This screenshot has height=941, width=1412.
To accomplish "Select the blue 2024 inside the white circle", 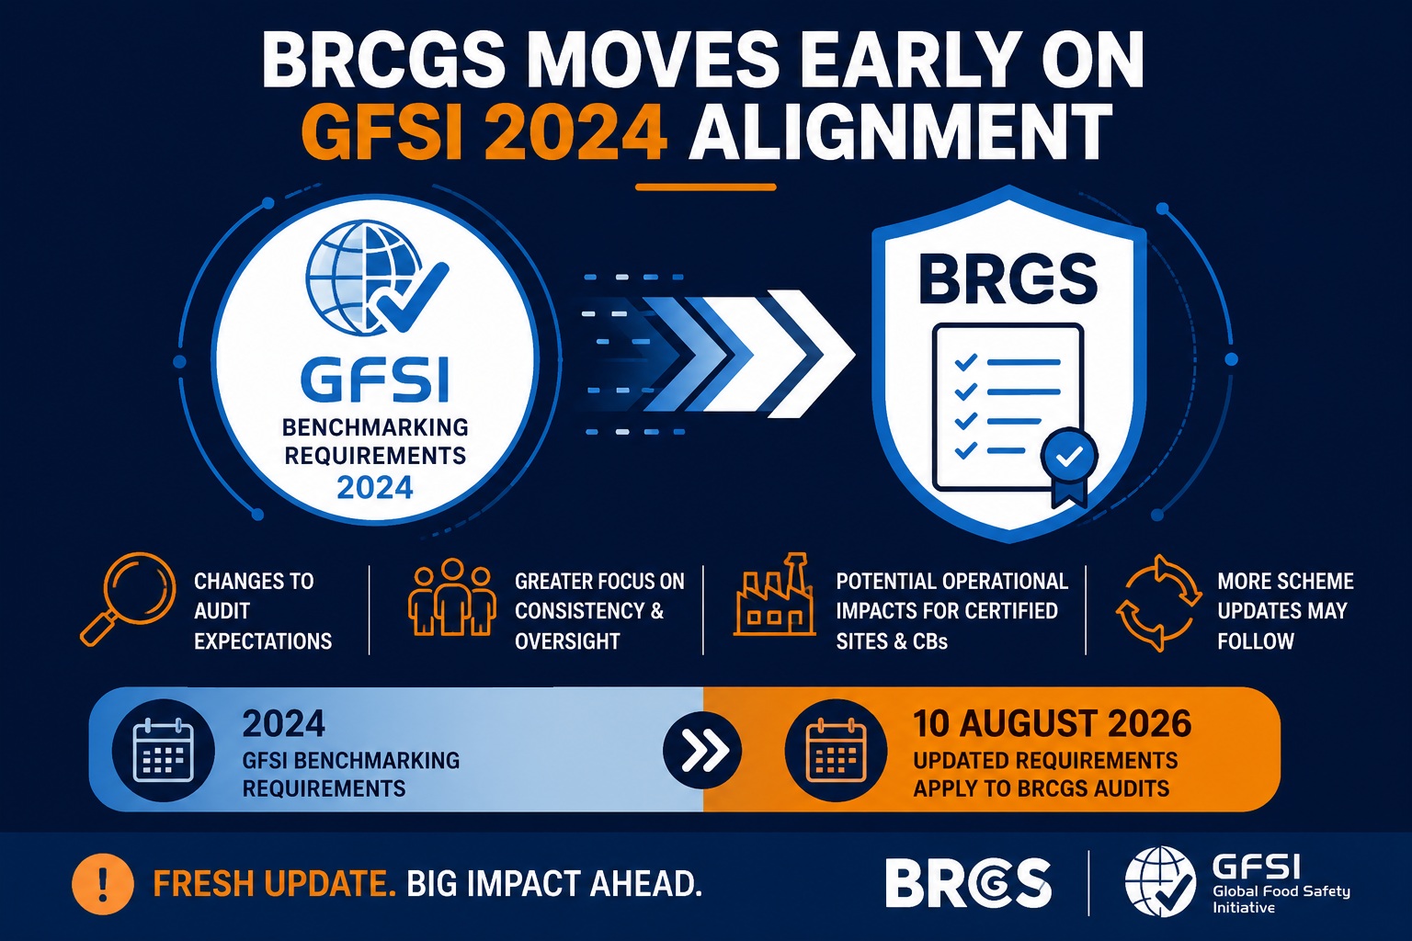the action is pos(375,487).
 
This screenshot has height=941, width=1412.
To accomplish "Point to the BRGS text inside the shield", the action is pos(1008,278).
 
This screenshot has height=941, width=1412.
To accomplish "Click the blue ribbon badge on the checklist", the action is pos(1069,465).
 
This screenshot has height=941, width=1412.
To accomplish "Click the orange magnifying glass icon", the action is pos(128,599).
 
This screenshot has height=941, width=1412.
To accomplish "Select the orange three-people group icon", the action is pos(450,596).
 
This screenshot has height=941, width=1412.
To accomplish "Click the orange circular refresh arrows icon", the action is pos(1158,602).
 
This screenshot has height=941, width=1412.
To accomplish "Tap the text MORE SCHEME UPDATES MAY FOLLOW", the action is pos(1285,611).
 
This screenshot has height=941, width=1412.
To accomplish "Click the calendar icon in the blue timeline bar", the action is pos(164,750).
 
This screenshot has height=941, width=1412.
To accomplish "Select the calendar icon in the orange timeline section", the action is pos(836,750).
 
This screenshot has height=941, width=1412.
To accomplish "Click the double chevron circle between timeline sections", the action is pos(701,750).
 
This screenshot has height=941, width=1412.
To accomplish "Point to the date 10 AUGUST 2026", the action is pos(1052,723).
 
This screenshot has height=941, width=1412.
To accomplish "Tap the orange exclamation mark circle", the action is pos(103,884).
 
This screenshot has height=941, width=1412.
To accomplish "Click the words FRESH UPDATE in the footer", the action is pos(275,884).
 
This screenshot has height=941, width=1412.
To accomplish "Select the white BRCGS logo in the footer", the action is pos(968,882).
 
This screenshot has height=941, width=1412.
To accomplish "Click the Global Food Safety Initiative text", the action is pos(1281,900).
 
